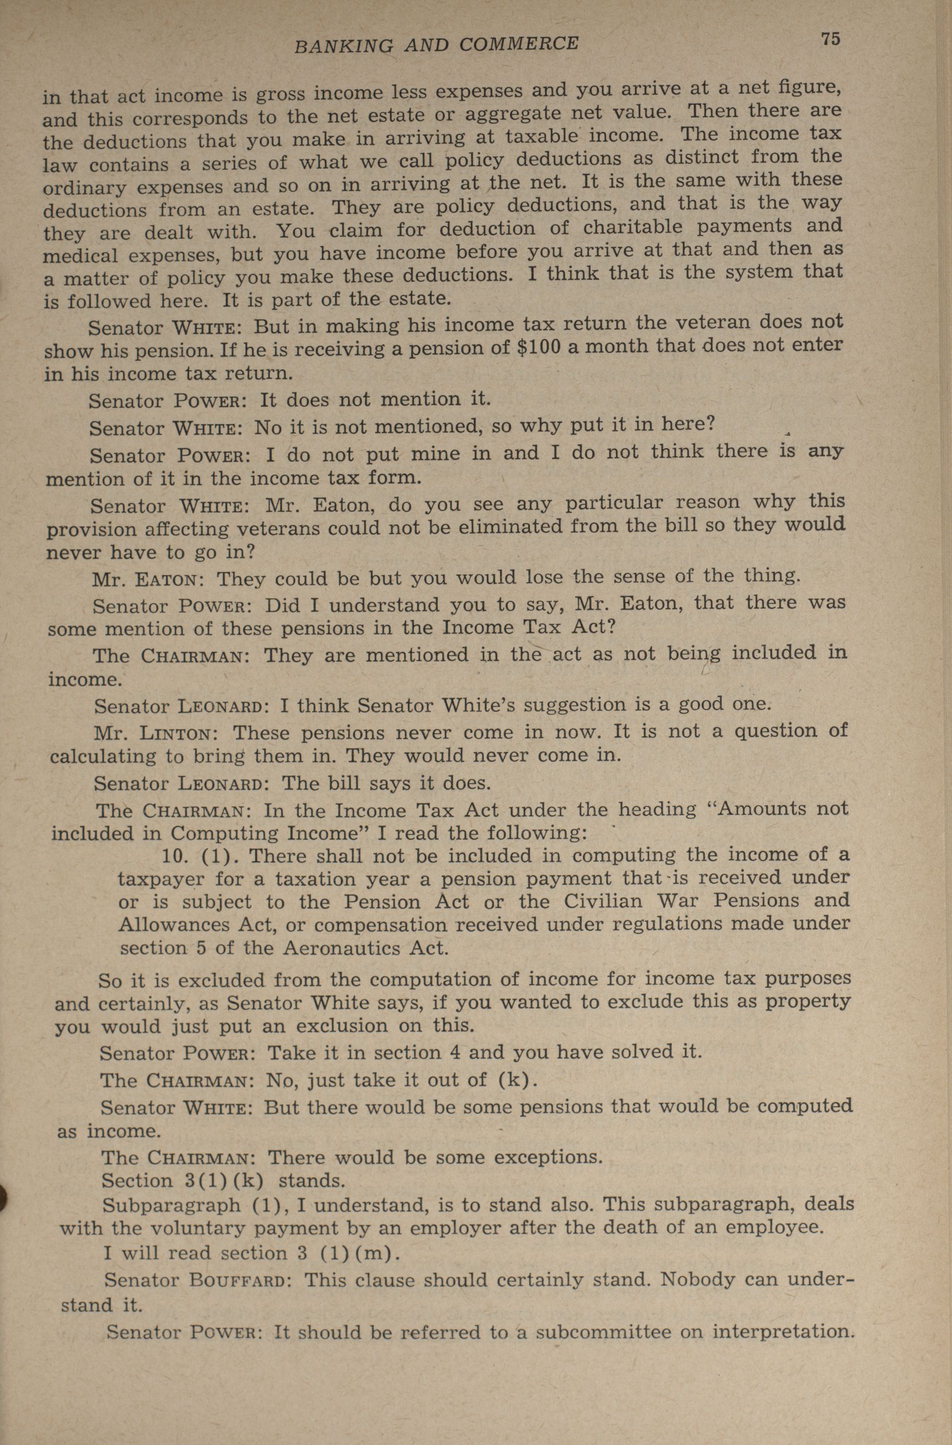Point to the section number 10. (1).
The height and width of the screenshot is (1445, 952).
pyautogui.click(x=202, y=856)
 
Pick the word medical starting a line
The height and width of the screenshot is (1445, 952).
pyautogui.click(x=80, y=256)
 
